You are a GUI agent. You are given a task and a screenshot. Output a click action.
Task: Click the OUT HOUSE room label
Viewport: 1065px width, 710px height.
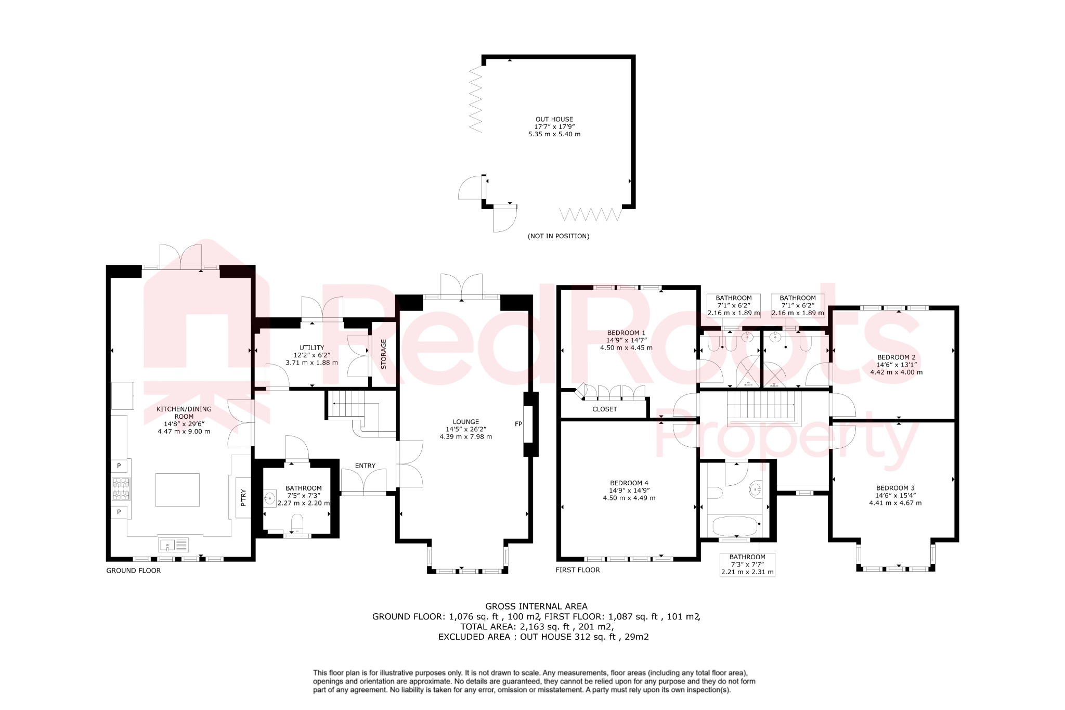tap(554, 119)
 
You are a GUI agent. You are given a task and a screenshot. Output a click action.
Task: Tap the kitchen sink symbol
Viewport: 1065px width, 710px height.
tap(174, 545)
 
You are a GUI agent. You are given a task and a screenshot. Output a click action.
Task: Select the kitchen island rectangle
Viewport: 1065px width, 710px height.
tap(177, 489)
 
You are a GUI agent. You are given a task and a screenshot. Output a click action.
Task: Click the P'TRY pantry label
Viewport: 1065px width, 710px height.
tap(243, 498)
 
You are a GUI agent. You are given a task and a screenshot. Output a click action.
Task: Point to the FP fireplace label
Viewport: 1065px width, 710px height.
tap(518, 424)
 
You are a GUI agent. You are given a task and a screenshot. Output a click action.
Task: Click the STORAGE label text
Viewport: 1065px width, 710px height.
tap(384, 354)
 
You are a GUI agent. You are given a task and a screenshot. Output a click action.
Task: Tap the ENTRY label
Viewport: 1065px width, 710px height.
tap(365, 466)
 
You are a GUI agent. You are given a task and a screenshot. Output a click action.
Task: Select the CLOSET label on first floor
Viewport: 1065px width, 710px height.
tap(604, 409)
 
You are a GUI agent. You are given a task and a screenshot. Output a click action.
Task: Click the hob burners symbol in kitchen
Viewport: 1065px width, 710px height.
tap(121, 489)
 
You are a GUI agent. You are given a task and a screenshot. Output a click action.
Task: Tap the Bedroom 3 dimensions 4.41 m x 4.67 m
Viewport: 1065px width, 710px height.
tap(895, 503)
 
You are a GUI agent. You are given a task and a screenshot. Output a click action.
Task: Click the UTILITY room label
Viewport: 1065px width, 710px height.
tap(311, 347)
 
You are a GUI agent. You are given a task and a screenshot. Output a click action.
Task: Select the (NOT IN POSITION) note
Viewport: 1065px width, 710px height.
tap(559, 236)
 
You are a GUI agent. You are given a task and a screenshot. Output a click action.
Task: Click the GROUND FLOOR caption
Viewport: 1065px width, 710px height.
tap(134, 570)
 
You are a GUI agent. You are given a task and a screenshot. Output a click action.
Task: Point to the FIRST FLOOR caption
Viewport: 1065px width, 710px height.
tap(577, 570)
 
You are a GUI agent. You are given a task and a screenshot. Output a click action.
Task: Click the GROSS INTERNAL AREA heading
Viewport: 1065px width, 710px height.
tap(536, 606)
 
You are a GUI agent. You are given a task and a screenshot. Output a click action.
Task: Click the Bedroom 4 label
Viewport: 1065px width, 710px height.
tap(629, 483)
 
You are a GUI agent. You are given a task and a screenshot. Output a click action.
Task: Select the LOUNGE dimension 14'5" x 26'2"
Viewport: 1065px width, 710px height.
tap(465, 429)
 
